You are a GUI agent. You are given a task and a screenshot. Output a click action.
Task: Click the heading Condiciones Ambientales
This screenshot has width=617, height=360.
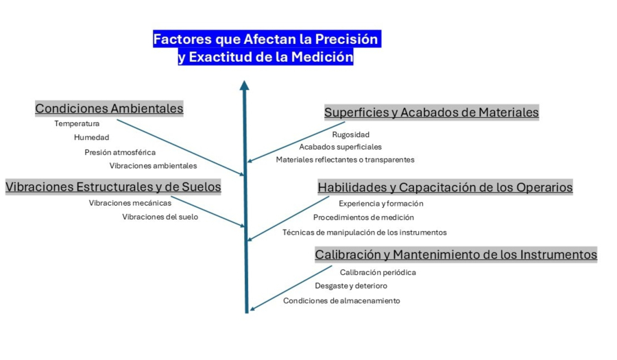pos(109,108)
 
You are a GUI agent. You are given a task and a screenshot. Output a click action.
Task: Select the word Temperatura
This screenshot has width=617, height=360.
pos(77,124)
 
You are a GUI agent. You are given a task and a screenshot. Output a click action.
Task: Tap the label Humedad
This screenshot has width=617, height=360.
pos(91,138)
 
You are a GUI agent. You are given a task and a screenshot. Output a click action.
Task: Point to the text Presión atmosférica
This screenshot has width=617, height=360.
pos(120,152)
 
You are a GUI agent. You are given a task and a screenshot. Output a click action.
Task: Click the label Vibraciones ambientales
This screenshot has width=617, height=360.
pos(153,166)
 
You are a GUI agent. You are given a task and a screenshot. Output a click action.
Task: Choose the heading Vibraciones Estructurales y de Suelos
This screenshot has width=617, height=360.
pos(113,187)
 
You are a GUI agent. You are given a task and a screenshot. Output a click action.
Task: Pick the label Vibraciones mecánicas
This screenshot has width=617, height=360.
pos(130,203)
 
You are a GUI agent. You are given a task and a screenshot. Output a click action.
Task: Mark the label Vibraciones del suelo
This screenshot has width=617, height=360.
pos(160,217)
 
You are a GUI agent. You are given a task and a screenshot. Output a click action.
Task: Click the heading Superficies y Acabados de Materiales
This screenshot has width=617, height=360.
pos(431,112)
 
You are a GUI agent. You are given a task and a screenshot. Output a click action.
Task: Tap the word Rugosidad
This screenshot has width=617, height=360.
pos(350,134)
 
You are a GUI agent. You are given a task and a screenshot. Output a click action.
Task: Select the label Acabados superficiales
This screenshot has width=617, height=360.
pos(340,147)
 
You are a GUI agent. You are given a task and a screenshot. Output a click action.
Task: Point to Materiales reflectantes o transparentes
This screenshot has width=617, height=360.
pos(345,160)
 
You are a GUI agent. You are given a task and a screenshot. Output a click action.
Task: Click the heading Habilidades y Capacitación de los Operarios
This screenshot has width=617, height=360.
pos(445,187)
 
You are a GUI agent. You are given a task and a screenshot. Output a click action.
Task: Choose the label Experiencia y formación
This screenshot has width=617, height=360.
pos(380,204)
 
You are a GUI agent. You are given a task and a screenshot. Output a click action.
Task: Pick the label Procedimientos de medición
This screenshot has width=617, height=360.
pos(363,218)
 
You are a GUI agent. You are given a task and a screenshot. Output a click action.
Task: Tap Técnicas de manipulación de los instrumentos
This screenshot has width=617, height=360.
pos(364,232)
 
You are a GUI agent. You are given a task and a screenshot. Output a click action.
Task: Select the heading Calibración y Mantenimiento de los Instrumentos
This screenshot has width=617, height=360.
pos(456,255)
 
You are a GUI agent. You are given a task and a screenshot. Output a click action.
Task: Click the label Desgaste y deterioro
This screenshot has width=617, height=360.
pos(350,286)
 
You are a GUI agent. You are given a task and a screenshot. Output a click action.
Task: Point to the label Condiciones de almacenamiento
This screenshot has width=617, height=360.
pos(341,301)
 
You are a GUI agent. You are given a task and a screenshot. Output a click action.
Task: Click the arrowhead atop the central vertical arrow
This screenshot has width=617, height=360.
pos(245,86)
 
